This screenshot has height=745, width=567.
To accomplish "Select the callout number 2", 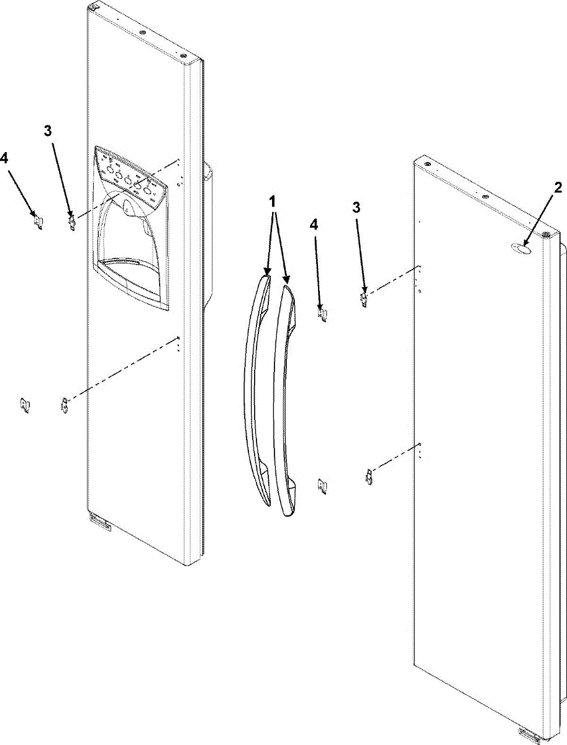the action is pos(558,187).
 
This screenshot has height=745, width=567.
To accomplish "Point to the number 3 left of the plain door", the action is pos(355,207).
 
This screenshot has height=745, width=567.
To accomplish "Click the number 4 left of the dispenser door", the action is pos(5,158).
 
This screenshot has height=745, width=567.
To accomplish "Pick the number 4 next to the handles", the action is pos(314,225).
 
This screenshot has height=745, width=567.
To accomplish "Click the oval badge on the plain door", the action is pos(520,249).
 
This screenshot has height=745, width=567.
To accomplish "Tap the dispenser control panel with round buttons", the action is pos(130,178).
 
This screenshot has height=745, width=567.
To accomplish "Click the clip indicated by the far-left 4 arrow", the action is pos(37,220).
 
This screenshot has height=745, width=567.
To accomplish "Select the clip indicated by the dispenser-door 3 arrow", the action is pos(73,221).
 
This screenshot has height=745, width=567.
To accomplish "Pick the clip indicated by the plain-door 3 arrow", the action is pos(365,300).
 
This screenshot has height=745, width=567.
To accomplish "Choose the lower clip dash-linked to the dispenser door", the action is pos(63,407).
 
